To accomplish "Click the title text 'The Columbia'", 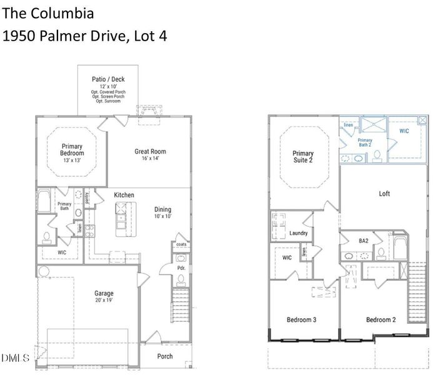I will [49, 12].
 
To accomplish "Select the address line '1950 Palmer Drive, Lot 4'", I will [84, 36].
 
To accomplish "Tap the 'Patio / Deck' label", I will [108, 79].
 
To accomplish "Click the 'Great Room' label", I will [151, 151].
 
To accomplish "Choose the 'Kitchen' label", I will [124, 195].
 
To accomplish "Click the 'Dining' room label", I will [162, 209].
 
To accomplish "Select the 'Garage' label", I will [104, 293].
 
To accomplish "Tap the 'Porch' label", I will [164, 356].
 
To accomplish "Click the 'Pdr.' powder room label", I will [180, 267].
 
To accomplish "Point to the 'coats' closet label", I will [181, 244].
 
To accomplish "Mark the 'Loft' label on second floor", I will [384, 194].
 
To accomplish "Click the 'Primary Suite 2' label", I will [303, 157].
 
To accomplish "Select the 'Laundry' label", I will [299, 233].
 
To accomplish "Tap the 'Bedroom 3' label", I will [301, 320].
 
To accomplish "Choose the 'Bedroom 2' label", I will [381, 320].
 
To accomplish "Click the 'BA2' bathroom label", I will [363, 241].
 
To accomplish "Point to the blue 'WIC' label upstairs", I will [404, 131].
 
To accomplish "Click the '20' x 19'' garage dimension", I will [104, 301].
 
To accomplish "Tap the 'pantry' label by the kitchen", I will [87, 197].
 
